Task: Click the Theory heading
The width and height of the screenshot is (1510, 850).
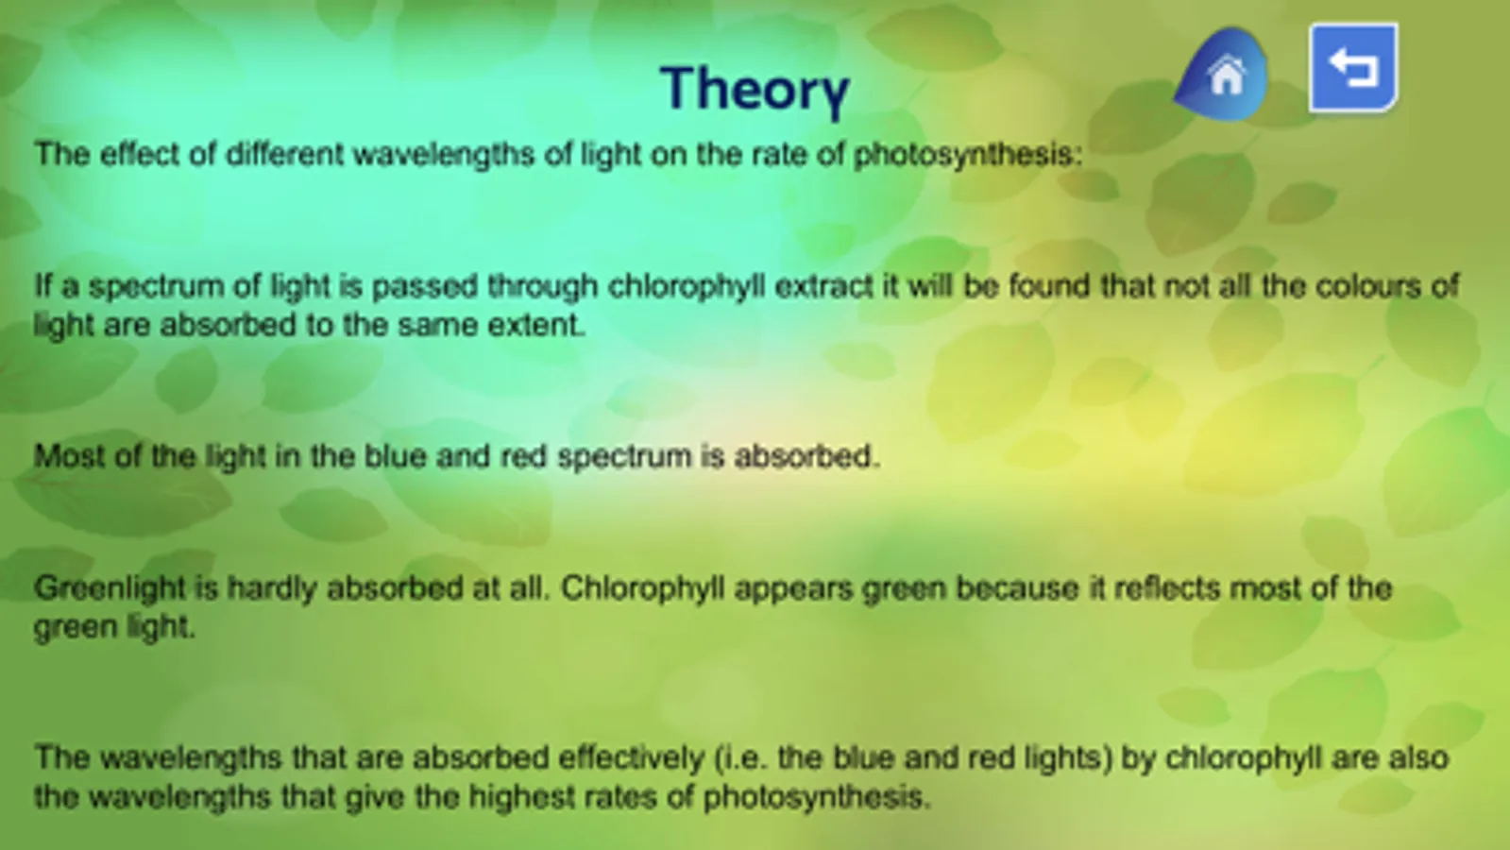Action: (755, 90)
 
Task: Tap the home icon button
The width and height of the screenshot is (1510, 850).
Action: (1221, 75)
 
